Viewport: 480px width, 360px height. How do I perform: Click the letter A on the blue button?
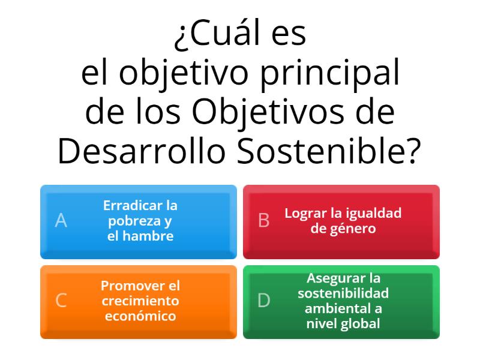61,221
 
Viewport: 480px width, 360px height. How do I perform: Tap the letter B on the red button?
264,221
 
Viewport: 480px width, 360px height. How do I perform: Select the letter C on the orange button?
61,301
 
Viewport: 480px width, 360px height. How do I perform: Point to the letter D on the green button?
264,301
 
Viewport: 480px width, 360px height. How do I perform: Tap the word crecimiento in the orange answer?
140,301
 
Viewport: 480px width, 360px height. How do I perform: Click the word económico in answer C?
140,316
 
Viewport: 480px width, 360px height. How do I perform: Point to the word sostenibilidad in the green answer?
343,293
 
